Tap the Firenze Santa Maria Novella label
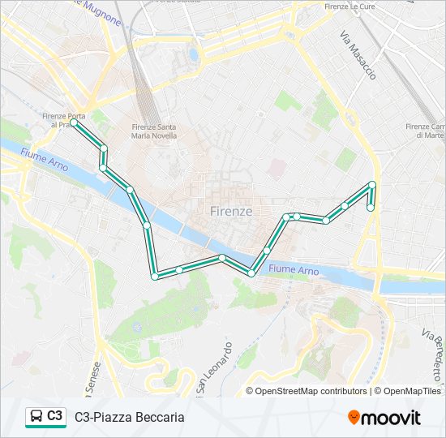pyautogui.click(x=154, y=131)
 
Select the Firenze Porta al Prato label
pyautogui.click(x=64, y=121)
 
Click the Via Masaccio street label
pyautogui.click(x=358, y=55)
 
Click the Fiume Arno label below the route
pyautogui.click(x=293, y=269)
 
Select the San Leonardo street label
pyautogui.click(x=217, y=365)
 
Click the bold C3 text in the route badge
pyautogui.click(x=55, y=416)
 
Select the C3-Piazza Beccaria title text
pyautogui.click(x=130, y=417)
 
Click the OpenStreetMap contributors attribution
pyautogui.click(x=311, y=391)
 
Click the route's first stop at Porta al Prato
pyautogui.click(x=75, y=124)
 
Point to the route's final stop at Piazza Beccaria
pyautogui.click(x=371, y=208)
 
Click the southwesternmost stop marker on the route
pyautogui.click(x=155, y=277)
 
